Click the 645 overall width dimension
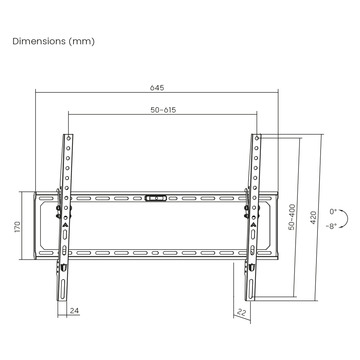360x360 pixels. point(157,88)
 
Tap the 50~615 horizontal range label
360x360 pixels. point(163,110)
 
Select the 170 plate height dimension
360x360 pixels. point(18,227)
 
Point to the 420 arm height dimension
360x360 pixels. point(313,218)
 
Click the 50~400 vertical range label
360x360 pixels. point(292,217)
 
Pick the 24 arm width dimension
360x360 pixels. point(75,311)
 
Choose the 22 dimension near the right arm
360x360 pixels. point(241,312)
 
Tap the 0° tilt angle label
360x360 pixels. point(333,211)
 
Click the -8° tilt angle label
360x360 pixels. point(331,226)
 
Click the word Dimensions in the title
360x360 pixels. point(39,41)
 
